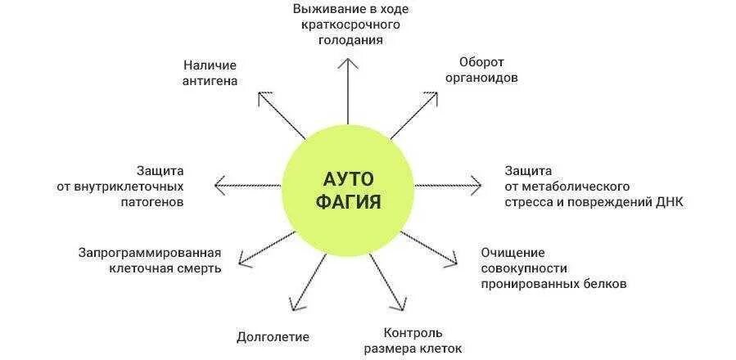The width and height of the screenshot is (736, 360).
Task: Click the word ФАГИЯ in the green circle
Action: coord(348,202)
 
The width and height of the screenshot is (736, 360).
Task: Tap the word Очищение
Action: coord(512,252)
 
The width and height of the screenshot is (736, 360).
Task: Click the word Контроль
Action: coord(413,332)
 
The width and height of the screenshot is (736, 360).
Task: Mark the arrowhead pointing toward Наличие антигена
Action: coord(262,96)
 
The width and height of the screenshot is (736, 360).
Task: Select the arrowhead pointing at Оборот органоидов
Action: coord(431,95)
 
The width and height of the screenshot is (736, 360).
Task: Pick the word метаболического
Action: coord(575,186)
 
